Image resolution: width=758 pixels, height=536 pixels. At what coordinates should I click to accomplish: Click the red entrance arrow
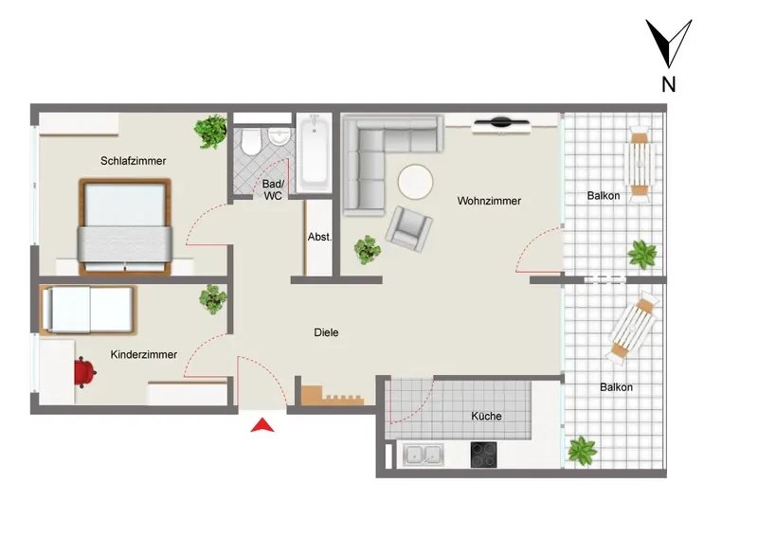pyautogui.click(x=262, y=425)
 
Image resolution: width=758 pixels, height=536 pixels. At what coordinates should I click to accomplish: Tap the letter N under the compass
pyautogui.click(x=668, y=84)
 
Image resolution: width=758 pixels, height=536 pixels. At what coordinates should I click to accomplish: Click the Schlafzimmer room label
pyautogui.click(x=133, y=160)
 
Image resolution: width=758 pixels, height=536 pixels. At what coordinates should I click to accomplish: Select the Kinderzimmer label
pyautogui.click(x=144, y=354)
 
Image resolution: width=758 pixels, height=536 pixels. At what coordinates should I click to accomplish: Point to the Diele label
pyautogui.click(x=326, y=332)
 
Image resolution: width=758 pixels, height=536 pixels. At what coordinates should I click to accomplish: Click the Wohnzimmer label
pyautogui.click(x=489, y=201)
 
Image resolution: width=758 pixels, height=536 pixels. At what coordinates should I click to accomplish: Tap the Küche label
pyautogui.click(x=486, y=416)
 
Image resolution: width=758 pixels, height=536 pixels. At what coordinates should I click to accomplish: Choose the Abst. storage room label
pyautogui.click(x=319, y=237)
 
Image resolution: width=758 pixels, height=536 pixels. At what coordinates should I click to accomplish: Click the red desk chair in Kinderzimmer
pyautogui.click(x=85, y=372)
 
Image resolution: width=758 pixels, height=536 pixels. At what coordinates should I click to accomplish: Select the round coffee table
pyautogui.click(x=415, y=182)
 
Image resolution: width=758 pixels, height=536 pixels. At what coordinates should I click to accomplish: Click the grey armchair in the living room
pyautogui.click(x=408, y=228)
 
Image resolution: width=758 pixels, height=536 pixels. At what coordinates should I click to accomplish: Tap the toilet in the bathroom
pyautogui.click(x=250, y=140)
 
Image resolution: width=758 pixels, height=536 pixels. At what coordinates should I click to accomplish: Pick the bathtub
pyautogui.click(x=315, y=152)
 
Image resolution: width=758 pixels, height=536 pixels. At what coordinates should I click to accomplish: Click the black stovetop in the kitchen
pyautogui.click(x=483, y=455)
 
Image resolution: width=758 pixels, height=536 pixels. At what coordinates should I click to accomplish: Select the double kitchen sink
pyautogui.click(x=424, y=455)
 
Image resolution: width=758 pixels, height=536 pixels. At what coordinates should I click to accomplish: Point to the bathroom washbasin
pyautogui.click(x=279, y=135)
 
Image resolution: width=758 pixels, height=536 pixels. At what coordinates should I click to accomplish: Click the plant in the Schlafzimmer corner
pyautogui.click(x=210, y=131)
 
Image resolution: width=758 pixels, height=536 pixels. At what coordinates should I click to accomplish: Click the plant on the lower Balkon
pyautogui.click(x=582, y=451)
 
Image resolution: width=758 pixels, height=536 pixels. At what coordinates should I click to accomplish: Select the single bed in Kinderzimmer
pyautogui.click(x=88, y=311)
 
